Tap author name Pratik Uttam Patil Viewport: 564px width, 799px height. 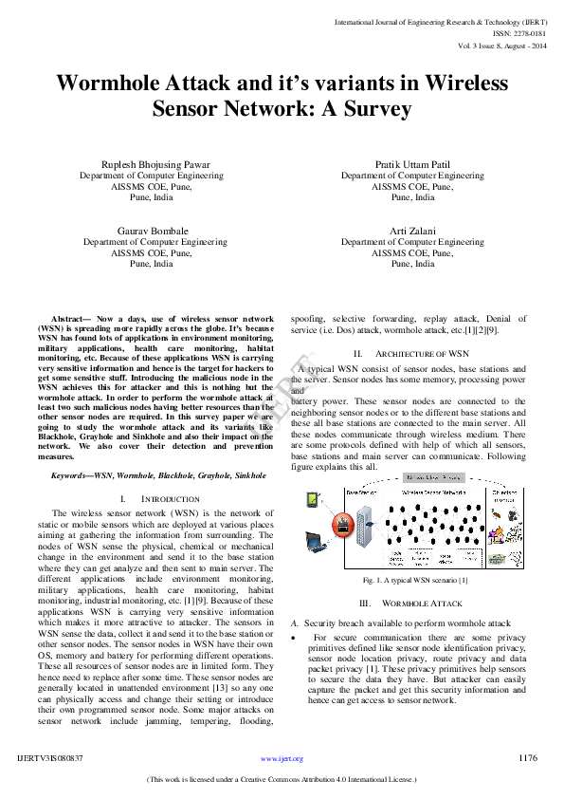point(412,164)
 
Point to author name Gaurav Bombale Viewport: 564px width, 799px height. point(153,231)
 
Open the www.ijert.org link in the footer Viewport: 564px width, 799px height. point(282,759)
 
